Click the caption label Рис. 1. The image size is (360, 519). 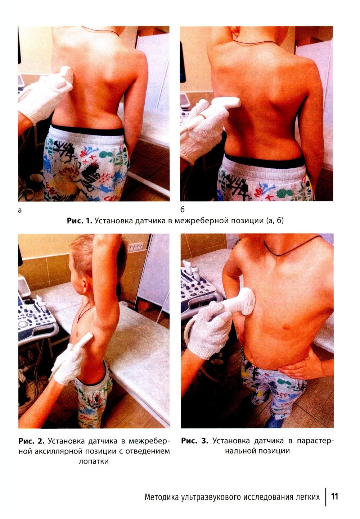80,220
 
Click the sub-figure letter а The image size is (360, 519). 20,210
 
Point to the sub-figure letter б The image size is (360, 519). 183,209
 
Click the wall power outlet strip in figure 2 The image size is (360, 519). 135,247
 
